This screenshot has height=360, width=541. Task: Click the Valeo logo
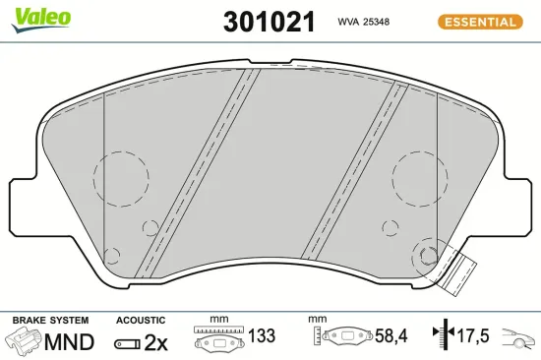[41, 20]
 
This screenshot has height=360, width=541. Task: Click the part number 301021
[270, 22]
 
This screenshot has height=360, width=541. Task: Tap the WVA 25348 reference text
[363, 22]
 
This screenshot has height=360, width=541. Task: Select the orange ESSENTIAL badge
[480, 22]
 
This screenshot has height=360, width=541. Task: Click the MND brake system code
[69, 342]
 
